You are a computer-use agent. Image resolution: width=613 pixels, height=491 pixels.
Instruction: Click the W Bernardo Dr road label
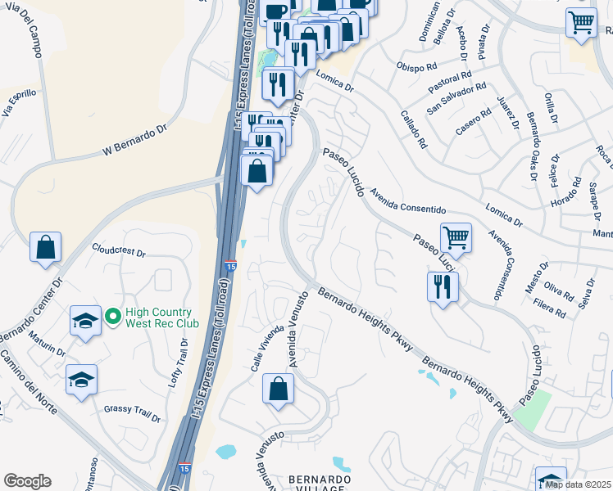coord(134,140)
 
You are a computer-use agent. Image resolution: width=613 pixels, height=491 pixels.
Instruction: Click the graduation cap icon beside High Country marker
coord(84,322)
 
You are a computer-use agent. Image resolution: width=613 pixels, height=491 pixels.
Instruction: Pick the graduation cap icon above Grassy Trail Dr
coord(81,380)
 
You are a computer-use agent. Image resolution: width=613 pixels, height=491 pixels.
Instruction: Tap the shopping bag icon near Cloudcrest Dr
coord(46,246)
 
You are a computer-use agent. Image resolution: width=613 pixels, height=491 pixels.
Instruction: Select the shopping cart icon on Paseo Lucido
coord(456,238)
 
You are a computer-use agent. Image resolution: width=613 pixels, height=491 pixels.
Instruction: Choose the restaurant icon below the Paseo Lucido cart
coord(443,287)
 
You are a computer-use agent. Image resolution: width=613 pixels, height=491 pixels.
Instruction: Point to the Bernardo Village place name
coord(319,483)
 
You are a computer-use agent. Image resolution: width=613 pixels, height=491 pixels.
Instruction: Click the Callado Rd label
coord(413,130)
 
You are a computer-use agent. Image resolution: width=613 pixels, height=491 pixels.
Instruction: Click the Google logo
coord(28,481)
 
